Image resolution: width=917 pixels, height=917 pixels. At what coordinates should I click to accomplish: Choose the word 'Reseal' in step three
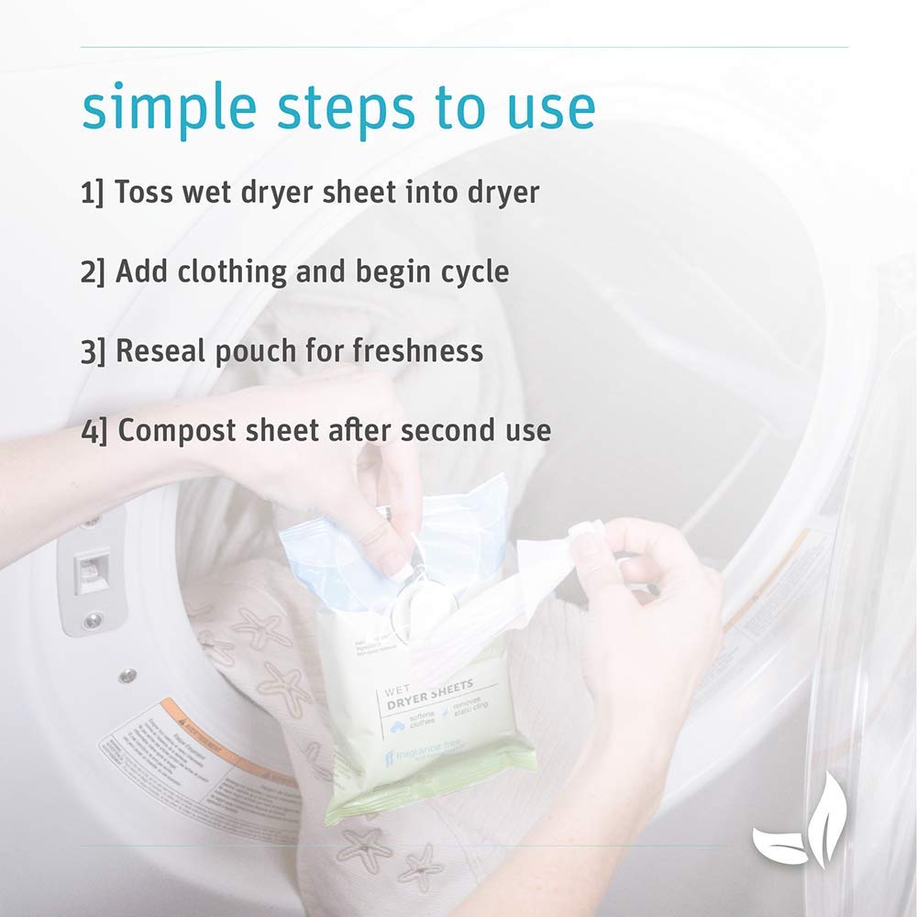pos(162,351)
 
